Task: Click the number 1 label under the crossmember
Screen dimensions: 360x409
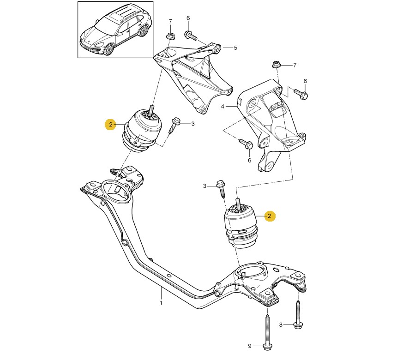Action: click(x=161, y=303)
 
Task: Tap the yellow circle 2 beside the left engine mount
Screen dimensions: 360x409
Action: click(x=111, y=124)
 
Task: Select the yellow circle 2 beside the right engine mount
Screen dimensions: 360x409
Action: click(x=270, y=216)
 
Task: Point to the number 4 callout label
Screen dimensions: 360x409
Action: click(x=222, y=106)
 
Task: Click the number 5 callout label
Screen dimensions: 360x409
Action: click(x=235, y=48)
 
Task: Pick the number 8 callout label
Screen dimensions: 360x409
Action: click(x=281, y=325)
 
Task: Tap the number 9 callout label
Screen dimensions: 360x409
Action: click(x=250, y=346)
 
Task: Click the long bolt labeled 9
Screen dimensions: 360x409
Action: click(x=267, y=330)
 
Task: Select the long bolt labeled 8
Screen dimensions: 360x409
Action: click(x=298, y=314)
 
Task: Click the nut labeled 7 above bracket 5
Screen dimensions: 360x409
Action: click(x=170, y=36)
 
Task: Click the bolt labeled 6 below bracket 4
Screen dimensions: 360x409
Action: click(x=245, y=144)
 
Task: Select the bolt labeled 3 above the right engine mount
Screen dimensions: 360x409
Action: click(x=222, y=188)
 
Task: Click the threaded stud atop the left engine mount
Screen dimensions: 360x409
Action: click(x=150, y=110)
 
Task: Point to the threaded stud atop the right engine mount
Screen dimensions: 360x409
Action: click(x=239, y=203)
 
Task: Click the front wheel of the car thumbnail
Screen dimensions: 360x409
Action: click(x=109, y=49)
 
